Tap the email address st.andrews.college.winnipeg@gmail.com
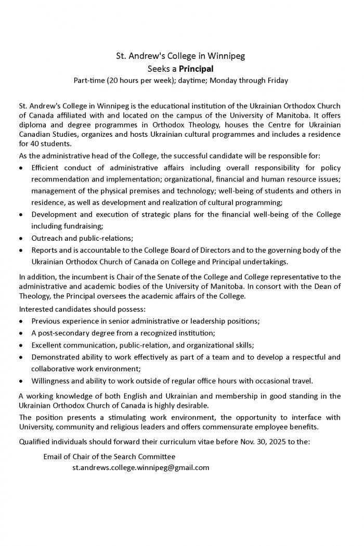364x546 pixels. [140, 467]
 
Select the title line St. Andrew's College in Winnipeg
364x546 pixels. [180, 56]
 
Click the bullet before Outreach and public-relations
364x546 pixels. [20, 238]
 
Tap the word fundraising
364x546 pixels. [81, 226]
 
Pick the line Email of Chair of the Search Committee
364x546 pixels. [109, 457]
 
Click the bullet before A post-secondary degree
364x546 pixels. [20, 333]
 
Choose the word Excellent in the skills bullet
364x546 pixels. [47, 345]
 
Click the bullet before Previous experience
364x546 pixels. [20, 321]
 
